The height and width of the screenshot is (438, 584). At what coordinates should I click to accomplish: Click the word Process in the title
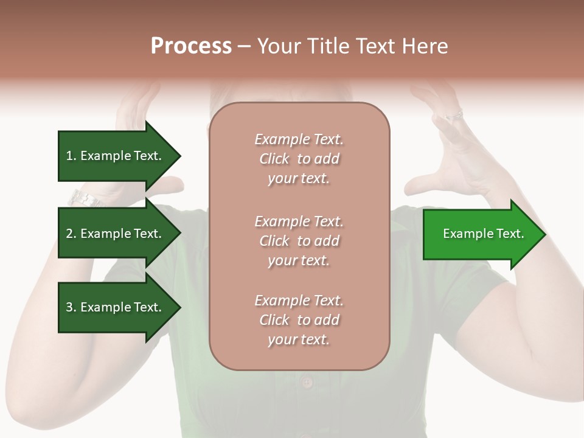click(191, 46)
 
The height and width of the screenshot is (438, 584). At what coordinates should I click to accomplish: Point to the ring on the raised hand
click(454, 114)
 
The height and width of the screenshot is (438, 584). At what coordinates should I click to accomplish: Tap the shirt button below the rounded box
click(307, 382)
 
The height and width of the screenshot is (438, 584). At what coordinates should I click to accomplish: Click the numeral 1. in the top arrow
click(71, 156)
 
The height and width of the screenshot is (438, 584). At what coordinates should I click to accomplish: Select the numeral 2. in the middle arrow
click(71, 234)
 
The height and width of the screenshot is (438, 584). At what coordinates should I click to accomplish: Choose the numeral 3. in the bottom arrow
click(71, 307)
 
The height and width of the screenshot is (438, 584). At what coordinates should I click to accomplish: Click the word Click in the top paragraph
click(274, 159)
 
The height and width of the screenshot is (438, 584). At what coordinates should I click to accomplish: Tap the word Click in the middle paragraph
click(274, 241)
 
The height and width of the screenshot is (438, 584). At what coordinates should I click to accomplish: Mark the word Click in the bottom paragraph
click(274, 320)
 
